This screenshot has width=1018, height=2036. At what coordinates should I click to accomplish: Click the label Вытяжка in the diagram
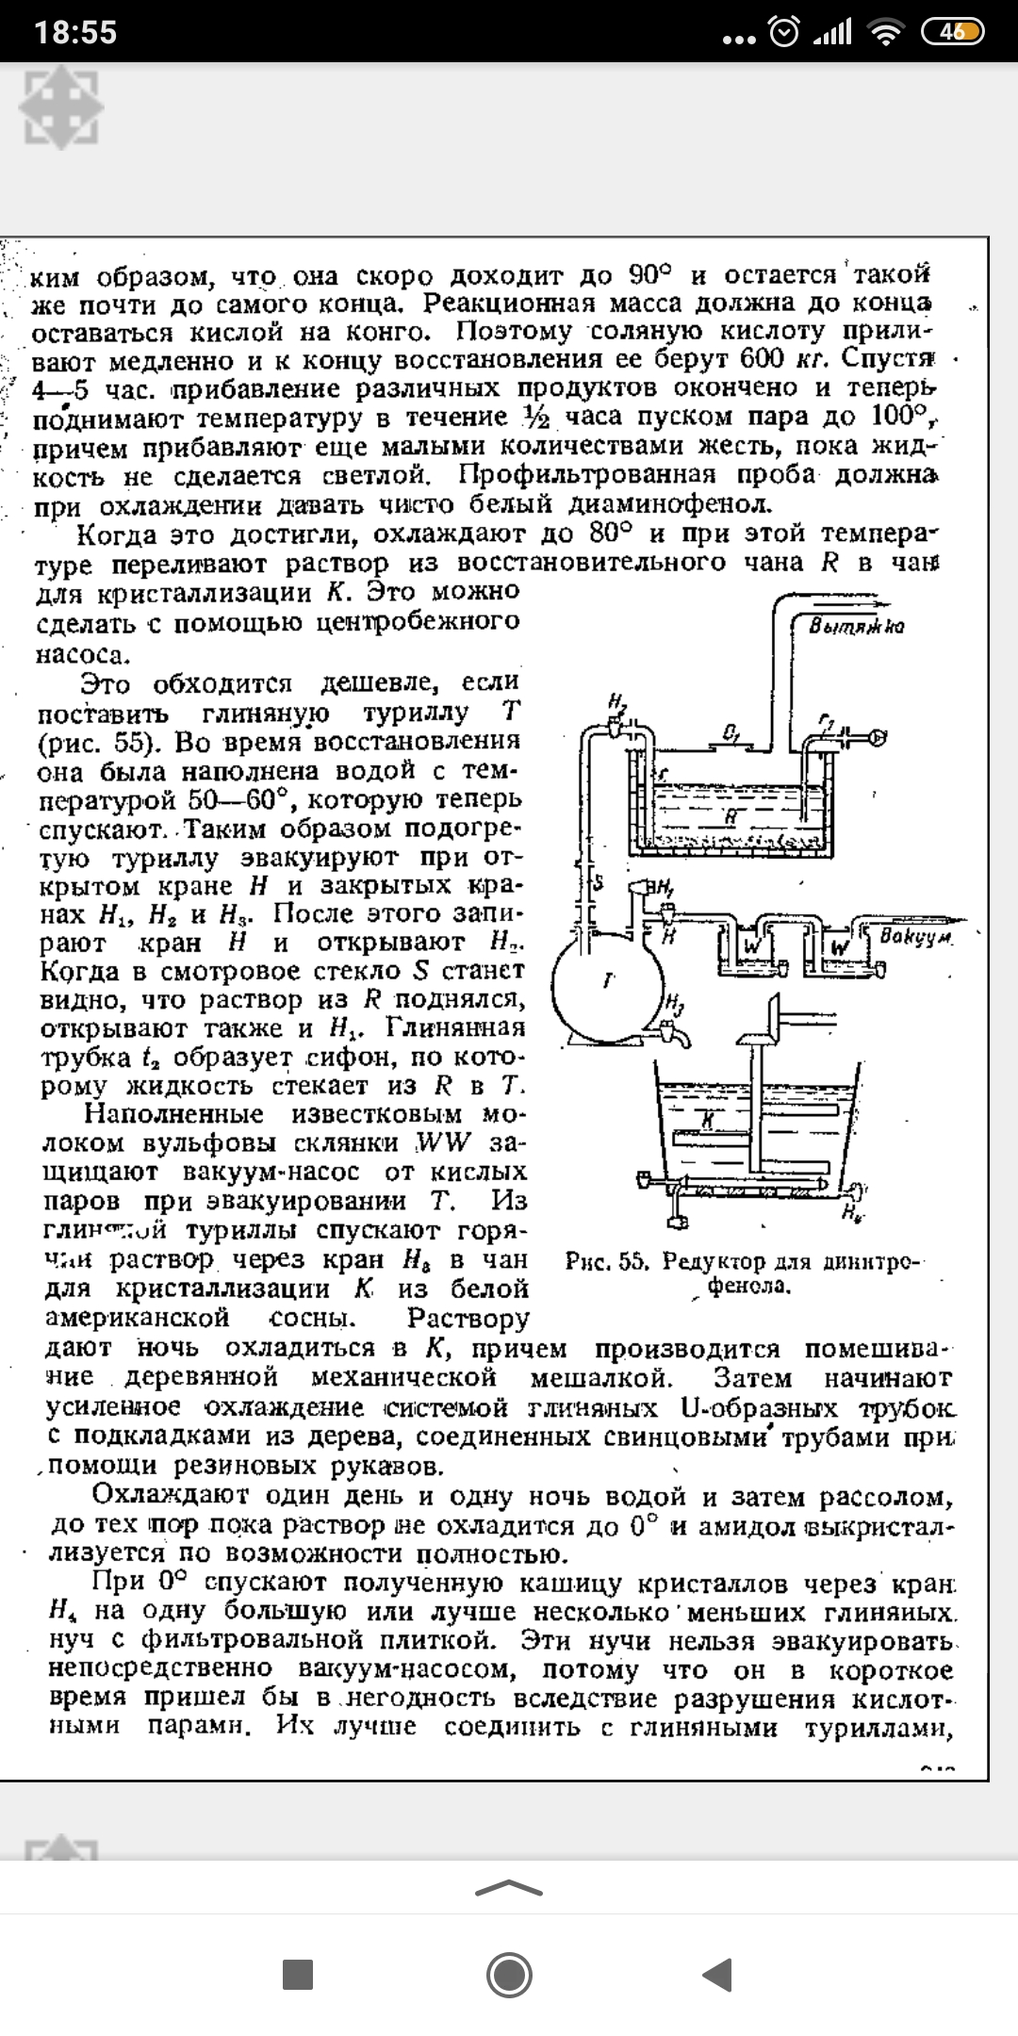tap(857, 627)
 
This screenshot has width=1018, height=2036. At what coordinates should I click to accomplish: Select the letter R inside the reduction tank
tap(730, 818)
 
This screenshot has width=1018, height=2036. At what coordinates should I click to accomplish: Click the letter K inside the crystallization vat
tap(706, 1117)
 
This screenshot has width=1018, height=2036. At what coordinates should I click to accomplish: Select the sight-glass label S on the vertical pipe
tap(598, 883)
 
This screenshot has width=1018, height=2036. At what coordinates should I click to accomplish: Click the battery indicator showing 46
tap(953, 32)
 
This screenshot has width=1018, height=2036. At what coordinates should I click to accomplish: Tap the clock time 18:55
tap(76, 32)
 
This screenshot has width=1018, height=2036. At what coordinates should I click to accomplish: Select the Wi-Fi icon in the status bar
tap(885, 33)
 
